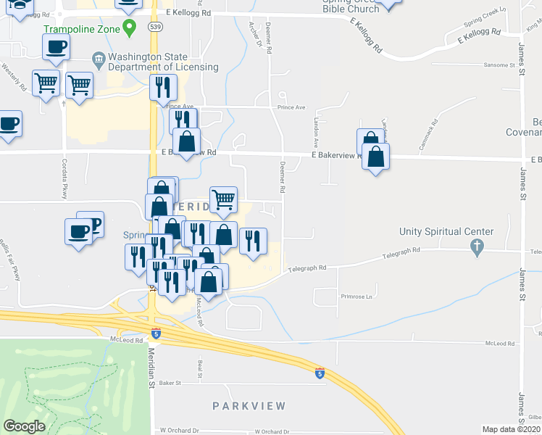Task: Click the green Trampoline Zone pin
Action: tap(129, 28)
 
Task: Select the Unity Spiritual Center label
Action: tap(446, 232)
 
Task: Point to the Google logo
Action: tap(25, 426)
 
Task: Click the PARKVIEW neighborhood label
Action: tap(249, 406)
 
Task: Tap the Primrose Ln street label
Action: tap(356, 297)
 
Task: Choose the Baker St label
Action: tap(169, 382)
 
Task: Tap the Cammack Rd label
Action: tap(430, 134)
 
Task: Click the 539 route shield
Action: tap(154, 26)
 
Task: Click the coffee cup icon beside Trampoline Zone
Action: tap(56, 49)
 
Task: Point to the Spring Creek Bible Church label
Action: tap(351, 6)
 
